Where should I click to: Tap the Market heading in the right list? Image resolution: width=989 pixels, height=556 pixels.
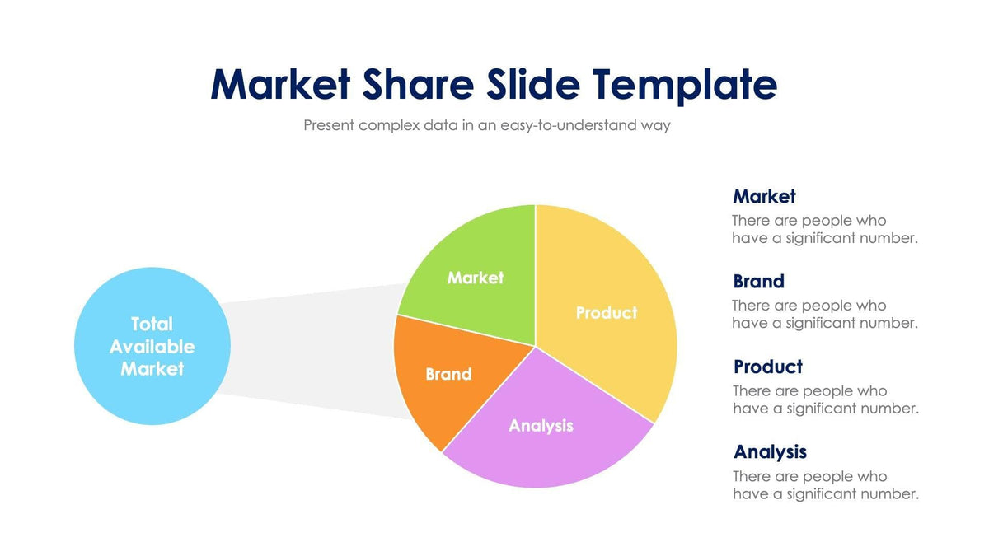point(764,196)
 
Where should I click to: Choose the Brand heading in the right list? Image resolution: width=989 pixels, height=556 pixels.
point(758,281)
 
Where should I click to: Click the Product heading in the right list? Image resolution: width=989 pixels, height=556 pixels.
point(767,367)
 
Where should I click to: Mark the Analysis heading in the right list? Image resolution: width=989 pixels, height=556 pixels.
point(770,451)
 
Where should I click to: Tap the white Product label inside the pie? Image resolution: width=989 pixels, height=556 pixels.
point(606,313)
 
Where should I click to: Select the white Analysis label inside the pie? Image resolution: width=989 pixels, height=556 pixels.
point(541,425)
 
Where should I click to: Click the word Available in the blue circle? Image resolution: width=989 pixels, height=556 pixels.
point(152,346)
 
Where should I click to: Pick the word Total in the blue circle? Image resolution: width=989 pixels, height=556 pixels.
point(152,324)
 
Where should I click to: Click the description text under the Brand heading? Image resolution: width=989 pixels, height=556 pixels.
point(824,314)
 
